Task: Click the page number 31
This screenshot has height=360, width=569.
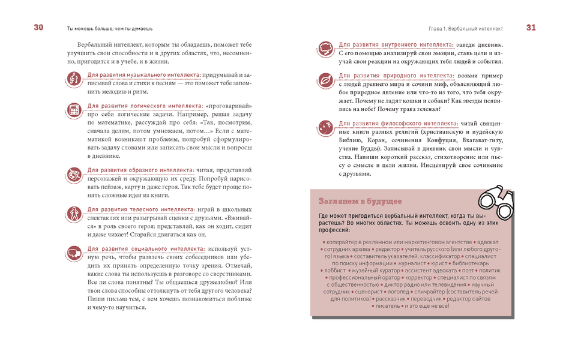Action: (x=531, y=28)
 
